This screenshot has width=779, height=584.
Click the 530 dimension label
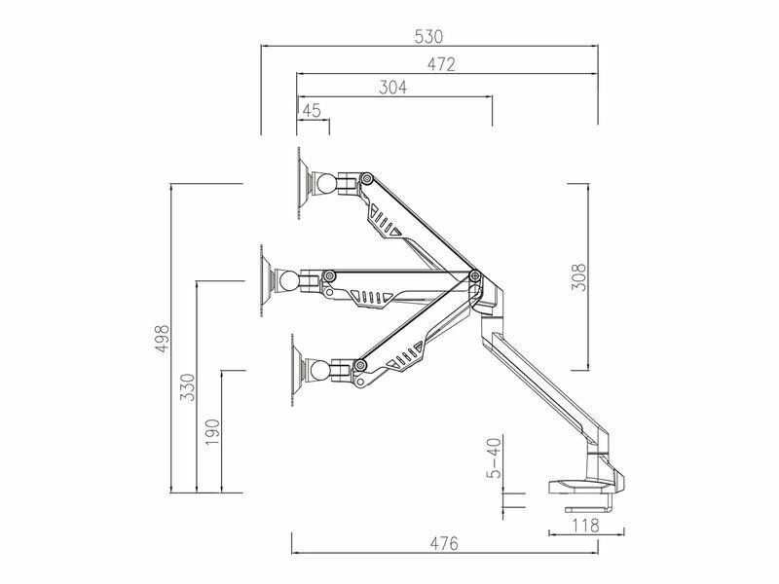(x=427, y=37)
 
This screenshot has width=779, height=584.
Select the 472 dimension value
(x=441, y=64)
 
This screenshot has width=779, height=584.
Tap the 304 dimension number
(x=392, y=88)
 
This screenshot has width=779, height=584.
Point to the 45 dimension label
(x=312, y=110)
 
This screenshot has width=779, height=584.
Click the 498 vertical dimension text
(x=163, y=338)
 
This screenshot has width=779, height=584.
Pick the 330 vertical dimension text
(x=188, y=386)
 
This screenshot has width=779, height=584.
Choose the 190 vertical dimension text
(x=212, y=432)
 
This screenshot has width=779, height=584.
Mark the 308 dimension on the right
(x=578, y=277)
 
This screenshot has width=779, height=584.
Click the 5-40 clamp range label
(x=495, y=457)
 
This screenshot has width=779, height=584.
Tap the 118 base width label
(x=586, y=525)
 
